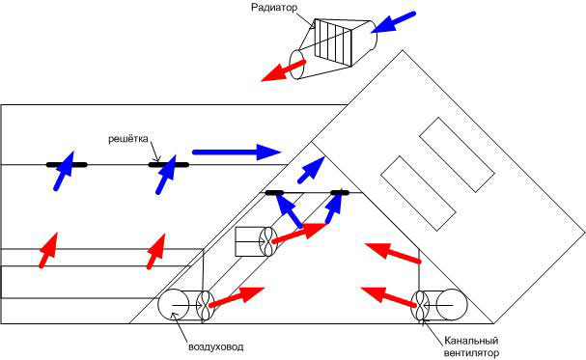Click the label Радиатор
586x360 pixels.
tap(274, 8)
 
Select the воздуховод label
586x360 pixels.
tap(215, 346)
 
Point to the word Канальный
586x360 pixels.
tap(471, 341)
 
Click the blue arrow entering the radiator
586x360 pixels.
tap(393, 22)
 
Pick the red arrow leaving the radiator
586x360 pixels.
tap(284, 70)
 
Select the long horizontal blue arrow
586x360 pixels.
tap(237, 152)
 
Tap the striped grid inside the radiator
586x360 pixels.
tap(333, 42)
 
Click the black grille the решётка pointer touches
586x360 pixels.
tap(169, 165)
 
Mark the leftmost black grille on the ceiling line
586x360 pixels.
tap(67, 165)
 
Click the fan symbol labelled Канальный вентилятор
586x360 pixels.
tap(421, 305)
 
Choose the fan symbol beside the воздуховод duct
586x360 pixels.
tap(206, 305)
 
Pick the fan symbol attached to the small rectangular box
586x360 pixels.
tap(268, 241)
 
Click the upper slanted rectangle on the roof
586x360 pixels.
tap(457, 154)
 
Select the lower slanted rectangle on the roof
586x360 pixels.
tap(419, 193)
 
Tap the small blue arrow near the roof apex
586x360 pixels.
tap(311, 170)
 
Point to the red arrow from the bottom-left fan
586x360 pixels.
tap(237, 297)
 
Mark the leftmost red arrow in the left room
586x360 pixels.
tap(48, 250)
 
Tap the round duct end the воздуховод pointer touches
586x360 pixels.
tap(174, 305)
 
